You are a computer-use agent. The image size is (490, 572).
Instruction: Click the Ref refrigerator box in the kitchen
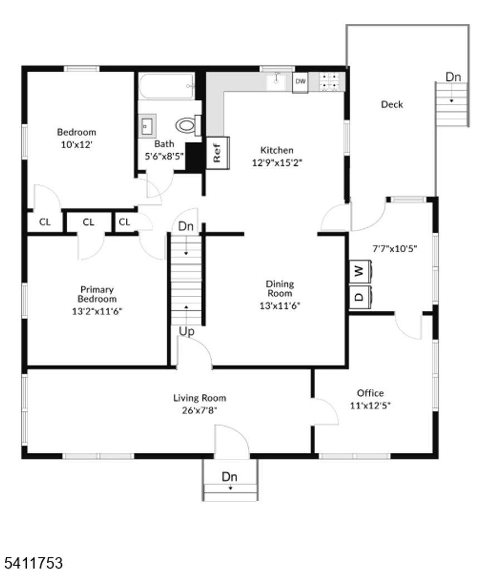[x=217, y=152]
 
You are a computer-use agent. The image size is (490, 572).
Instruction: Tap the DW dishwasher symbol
[x=300, y=82]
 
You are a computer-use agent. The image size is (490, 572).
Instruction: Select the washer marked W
[x=359, y=272]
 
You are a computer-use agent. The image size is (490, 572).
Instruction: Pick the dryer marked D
[x=359, y=296]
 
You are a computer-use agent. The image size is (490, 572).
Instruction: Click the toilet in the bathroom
[x=188, y=126]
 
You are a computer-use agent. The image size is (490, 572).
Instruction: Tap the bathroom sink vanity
[x=148, y=125]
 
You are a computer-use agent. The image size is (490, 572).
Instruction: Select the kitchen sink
[x=276, y=81]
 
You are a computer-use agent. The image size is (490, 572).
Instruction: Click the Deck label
[x=392, y=104]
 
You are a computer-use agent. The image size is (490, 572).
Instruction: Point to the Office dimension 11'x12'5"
[x=370, y=405]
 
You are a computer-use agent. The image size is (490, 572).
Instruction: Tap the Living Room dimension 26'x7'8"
[x=199, y=410]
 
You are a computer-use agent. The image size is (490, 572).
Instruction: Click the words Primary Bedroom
[x=97, y=294]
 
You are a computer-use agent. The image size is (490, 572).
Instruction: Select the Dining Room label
[x=280, y=289]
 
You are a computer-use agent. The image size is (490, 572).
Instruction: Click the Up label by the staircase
[x=187, y=331]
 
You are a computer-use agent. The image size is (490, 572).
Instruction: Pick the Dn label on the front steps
[x=229, y=477]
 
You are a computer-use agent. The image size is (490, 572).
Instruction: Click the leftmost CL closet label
[x=45, y=222]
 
